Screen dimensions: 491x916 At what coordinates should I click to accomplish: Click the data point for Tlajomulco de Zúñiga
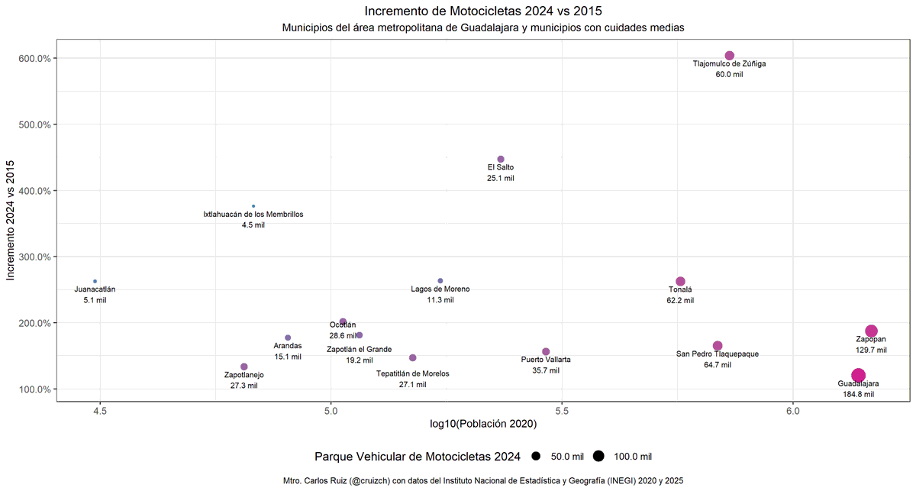(x=729, y=56)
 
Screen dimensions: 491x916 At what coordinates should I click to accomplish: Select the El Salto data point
(x=501, y=159)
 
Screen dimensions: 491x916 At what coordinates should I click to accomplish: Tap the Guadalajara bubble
(x=858, y=375)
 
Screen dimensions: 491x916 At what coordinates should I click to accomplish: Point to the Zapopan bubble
(x=871, y=331)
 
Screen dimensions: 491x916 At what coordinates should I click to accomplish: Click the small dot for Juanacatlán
(x=95, y=281)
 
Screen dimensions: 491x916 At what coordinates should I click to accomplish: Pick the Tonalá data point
(x=680, y=281)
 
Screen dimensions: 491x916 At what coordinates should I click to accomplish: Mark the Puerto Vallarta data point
(x=546, y=351)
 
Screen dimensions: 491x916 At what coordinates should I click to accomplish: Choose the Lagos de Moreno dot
(x=440, y=281)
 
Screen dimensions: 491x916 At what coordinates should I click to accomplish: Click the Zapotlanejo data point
(x=244, y=367)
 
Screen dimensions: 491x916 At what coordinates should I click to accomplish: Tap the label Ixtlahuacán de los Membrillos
(x=253, y=215)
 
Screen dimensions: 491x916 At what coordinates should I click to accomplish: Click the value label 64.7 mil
(x=718, y=365)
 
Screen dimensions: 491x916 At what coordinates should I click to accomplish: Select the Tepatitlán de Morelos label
(x=413, y=373)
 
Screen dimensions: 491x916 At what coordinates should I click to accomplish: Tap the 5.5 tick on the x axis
(x=562, y=410)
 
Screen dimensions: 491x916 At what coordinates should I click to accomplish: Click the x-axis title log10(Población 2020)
(x=482, y=424)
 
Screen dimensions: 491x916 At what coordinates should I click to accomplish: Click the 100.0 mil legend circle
(x=598, y=457)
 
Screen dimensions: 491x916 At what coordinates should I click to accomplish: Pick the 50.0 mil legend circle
(x=537, y=457)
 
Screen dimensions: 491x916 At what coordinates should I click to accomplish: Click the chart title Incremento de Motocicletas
(x=482, y=11)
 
